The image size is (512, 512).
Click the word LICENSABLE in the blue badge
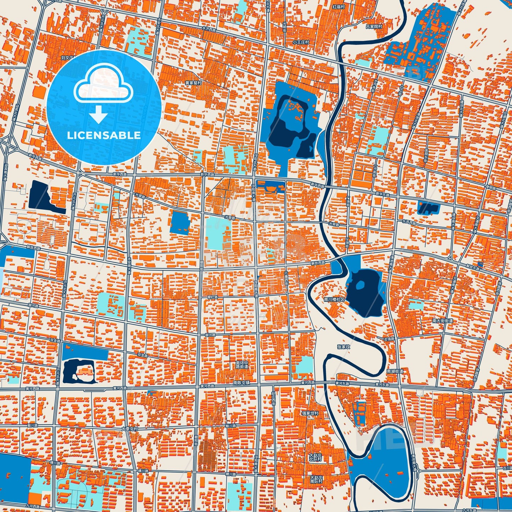point(103,135)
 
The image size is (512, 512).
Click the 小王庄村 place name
point(300,42)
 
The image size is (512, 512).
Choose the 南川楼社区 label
point(334,299)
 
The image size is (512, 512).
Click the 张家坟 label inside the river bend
point(343,347)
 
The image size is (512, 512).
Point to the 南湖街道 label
point(395,371)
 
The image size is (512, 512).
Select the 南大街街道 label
point(443,321)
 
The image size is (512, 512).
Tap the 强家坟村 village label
point(310,413)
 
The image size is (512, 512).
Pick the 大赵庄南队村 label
point(316,480)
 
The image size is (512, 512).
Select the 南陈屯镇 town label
point(241,383)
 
